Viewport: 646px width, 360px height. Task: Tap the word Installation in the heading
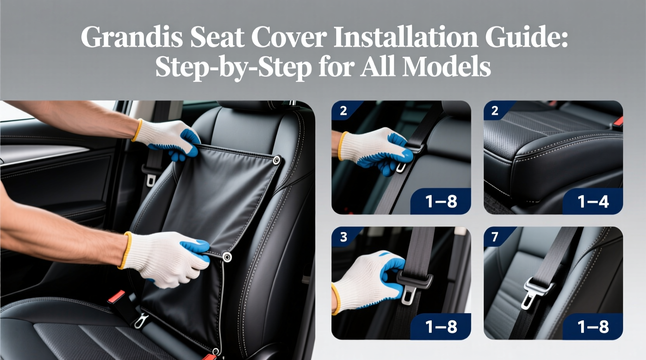[405, 37]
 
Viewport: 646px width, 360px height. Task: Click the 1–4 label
[593, 202]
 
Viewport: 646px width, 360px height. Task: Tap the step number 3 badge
[344, 237]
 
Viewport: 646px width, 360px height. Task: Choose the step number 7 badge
[495, 237]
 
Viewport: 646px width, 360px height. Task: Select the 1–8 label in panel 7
[593, 327]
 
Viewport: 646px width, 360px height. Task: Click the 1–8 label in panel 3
[441, 327]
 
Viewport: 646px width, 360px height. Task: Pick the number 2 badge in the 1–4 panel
[495, 111]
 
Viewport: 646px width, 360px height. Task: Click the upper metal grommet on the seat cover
[276, 160]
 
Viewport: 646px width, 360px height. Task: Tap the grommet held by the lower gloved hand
[227, 257]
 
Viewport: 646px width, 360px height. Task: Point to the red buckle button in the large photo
[116, 297]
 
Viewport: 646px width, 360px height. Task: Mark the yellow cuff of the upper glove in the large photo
[136, 130]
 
